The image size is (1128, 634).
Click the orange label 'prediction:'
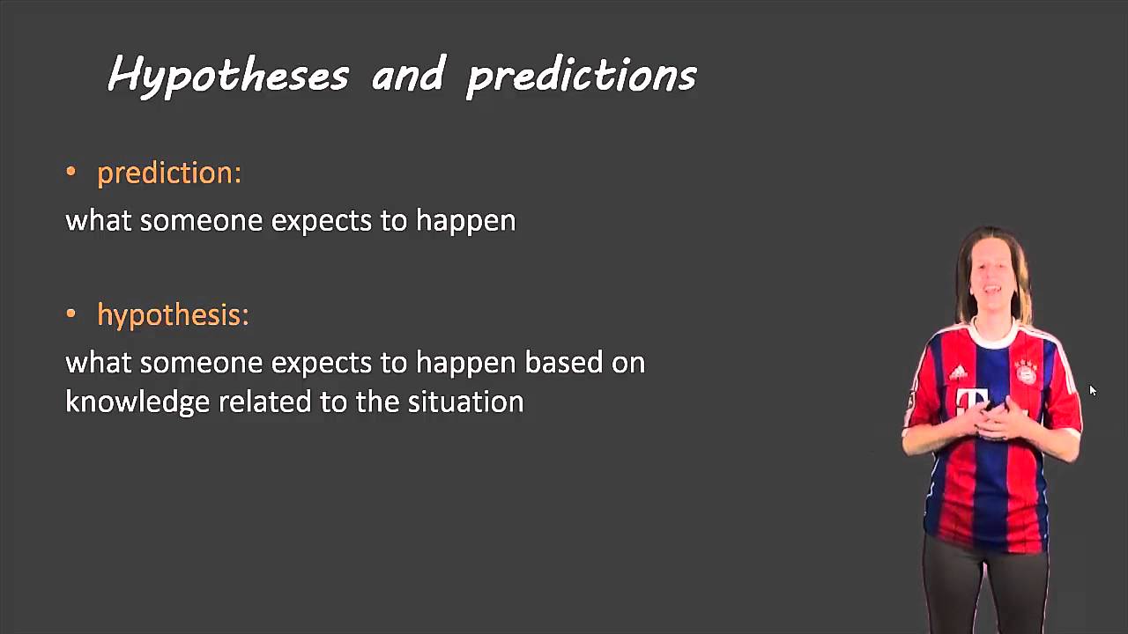(169, 173)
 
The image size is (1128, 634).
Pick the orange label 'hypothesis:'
(173, 315)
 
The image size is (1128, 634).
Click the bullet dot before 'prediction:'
(71, 172)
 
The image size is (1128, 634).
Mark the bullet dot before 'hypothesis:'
(71, 313)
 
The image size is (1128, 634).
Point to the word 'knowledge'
(137, 402)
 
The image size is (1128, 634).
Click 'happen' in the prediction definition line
(465, 221)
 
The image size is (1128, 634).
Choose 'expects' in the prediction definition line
(322, 221)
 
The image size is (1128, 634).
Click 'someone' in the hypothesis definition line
(201, 362)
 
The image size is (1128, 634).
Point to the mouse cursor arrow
(1092, 390)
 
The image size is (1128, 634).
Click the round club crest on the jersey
(1027, 372)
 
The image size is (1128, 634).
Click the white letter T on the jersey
(971, 402)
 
